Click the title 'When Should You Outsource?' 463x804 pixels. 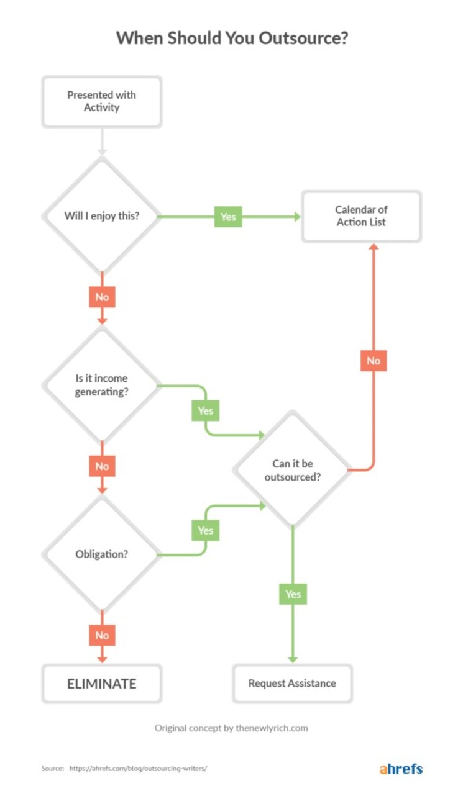pos(232,38)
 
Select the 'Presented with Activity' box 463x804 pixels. pos(101,101)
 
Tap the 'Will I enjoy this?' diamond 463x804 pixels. pos(102,216)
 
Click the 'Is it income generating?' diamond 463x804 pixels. pos(102,386)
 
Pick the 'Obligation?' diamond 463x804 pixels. pos(102,554)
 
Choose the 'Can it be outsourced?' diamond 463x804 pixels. pos(293,470)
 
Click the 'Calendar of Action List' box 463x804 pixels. pos(361,216)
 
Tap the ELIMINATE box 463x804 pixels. pos(101,684)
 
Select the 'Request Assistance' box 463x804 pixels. pos(292,684)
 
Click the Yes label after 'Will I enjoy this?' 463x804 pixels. pos(228,217)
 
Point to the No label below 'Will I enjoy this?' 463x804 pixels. pos(102,297)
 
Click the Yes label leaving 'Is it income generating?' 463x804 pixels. pos(205,410)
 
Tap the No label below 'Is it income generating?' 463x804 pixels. pos(102,466)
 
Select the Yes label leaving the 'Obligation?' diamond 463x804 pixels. pos(205,530)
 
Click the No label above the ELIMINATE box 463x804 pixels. pos(102,635)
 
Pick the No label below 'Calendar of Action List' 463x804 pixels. pos(374,361)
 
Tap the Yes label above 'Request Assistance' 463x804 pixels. pos(293,594)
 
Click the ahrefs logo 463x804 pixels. pos(401,769)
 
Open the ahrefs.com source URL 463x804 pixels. pos(138,769)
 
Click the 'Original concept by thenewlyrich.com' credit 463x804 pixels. pos(231,728)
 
